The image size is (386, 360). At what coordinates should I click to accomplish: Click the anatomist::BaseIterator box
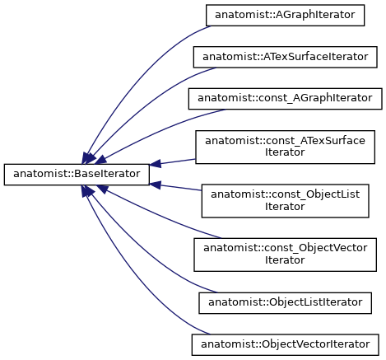(x=77, y=175)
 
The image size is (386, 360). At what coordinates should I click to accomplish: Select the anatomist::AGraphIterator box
(x=285, y=16)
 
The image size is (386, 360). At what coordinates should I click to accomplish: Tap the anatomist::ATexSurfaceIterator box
(x=285, y=57)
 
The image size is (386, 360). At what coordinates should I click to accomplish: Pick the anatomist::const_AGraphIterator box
(x=285, y=99)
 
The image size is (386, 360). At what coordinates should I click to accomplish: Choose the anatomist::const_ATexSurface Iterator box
(x=285, y=147)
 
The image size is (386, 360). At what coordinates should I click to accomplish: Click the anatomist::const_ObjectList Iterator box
(x=285, y=201)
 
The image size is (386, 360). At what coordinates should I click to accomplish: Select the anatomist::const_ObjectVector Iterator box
(x=285, y=255)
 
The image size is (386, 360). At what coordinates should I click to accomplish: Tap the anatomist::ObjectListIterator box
(x=285, y=303)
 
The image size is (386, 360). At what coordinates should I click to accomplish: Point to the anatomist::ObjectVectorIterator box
(x=285, y=345)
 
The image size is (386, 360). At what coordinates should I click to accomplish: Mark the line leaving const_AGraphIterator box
(x=159, y=132)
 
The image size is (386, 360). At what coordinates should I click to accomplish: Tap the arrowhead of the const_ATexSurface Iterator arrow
(x=156, y=164)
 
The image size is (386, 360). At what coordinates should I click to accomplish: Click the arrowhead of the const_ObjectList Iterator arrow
(x=156, y=185)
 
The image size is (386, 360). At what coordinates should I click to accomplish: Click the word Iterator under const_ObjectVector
(x=285, y=260)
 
